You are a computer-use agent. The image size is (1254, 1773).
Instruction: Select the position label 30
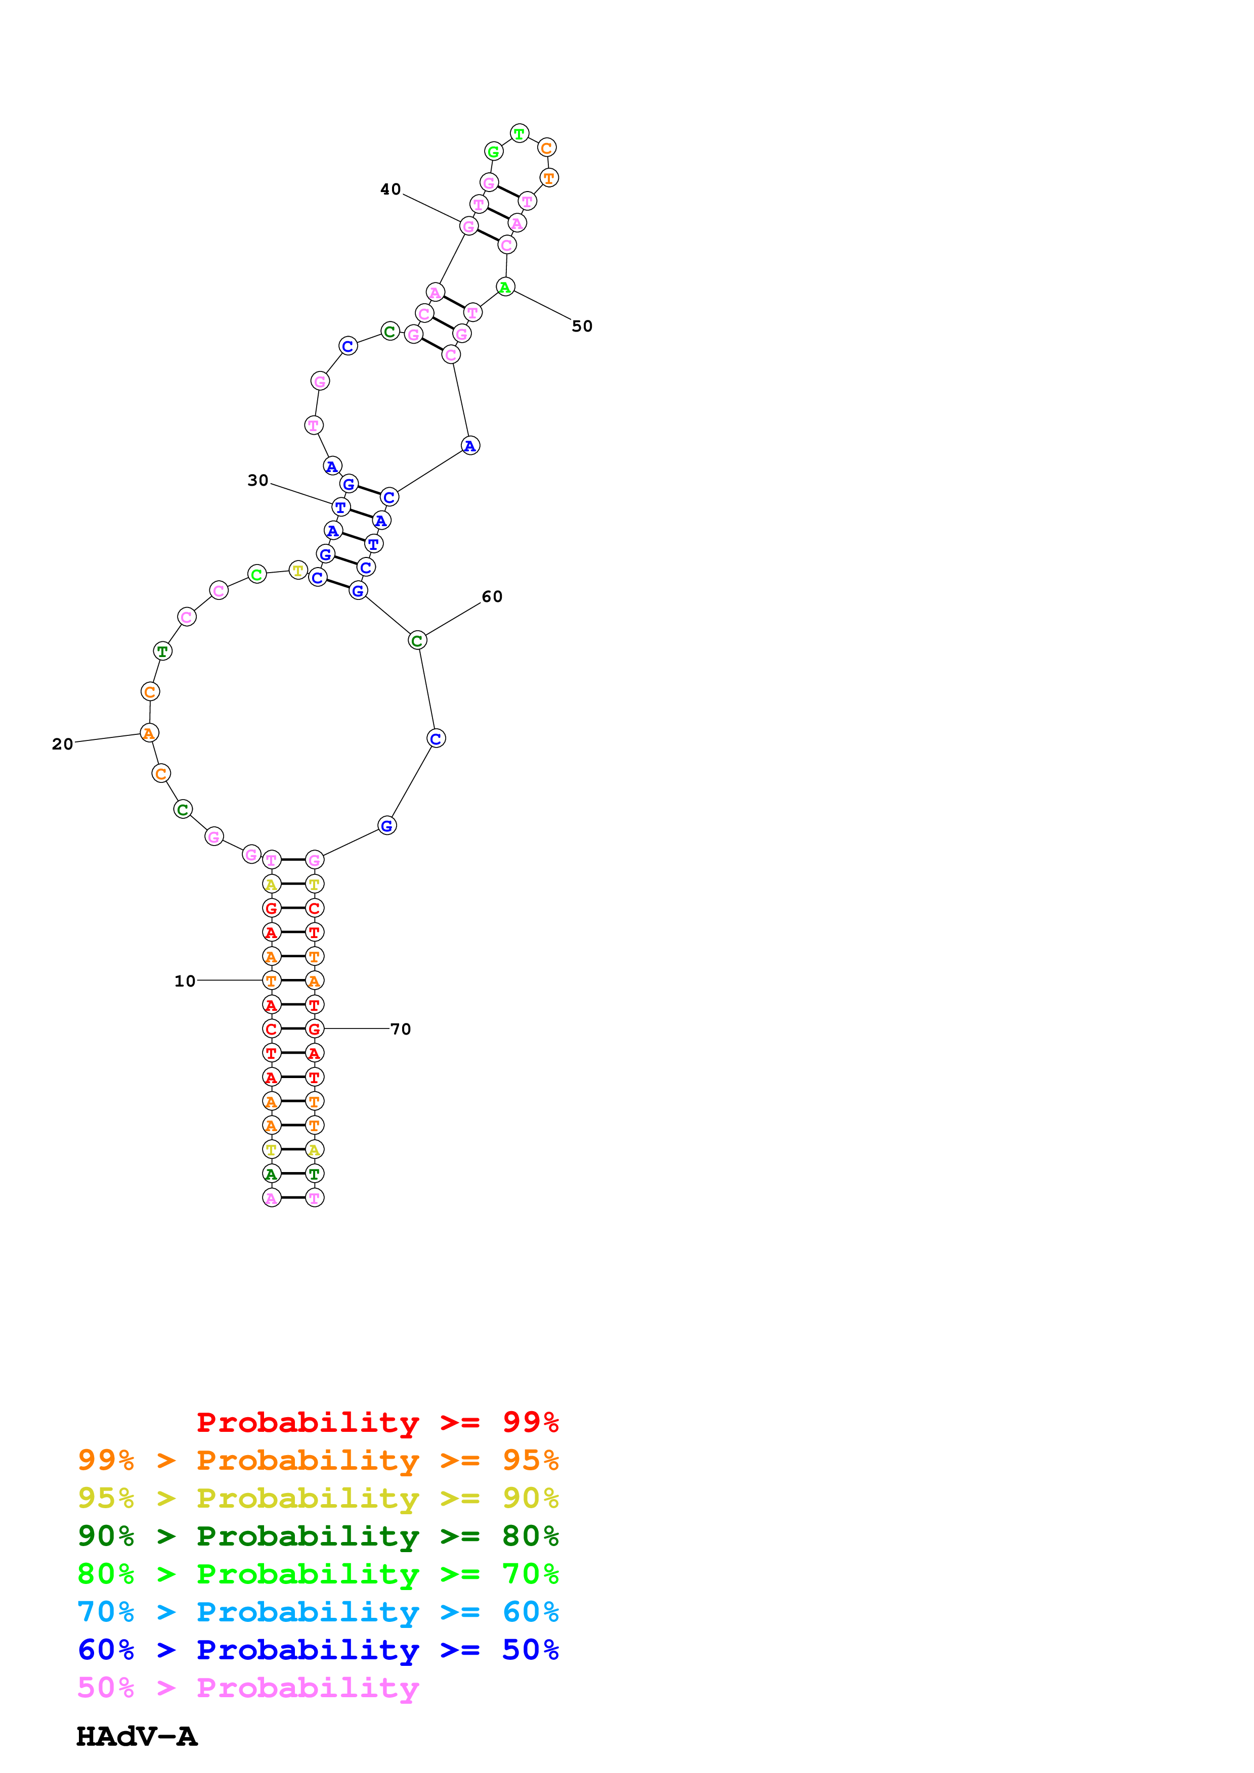[258, 480]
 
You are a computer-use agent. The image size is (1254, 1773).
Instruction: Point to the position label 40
[390, 189]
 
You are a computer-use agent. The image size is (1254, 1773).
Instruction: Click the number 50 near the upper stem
[582, 326]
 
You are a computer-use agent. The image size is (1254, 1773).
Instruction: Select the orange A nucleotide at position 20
[149, 733]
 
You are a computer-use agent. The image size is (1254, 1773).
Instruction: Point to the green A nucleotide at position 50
[505, 287]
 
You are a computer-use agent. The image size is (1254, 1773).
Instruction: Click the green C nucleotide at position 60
[417, 640]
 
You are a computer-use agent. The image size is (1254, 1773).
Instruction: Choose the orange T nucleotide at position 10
[271, 981]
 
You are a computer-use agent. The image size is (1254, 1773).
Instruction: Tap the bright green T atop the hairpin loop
[520, 133]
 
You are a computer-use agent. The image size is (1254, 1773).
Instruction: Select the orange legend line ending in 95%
[318, 1460]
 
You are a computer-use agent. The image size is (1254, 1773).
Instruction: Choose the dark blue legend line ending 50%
[318, 1650]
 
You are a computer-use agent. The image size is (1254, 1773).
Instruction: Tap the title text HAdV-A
[137, 1736]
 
